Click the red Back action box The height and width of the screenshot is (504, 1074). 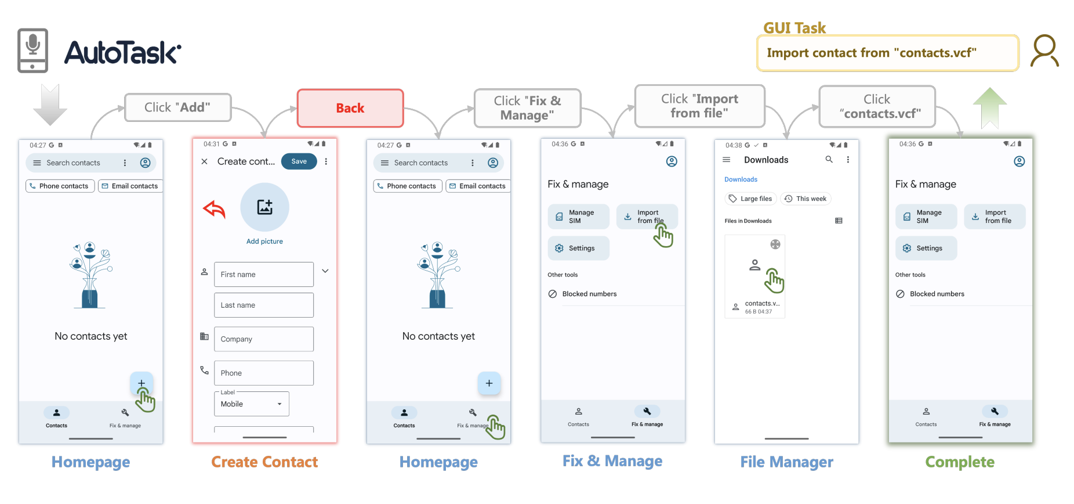[x=350, y=108]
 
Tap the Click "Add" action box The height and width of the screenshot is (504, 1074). [x=177, y=107]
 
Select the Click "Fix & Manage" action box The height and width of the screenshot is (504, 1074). [x=527, y=108]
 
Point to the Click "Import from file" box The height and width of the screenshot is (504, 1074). [x=699, y=106]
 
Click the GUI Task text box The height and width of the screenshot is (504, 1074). [x=887, y=53]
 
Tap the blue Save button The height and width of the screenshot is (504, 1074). [x=299, y=161]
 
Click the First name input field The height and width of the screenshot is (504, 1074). [x=264, y=274]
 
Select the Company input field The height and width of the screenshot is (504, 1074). [x=264, y=339]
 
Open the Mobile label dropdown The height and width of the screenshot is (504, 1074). [x=251, y=404]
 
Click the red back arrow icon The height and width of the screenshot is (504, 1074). [x=214, y=209]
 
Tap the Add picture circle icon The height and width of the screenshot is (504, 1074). [x=264, y=207]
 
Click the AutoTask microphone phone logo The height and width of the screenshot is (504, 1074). [x=32, y=51]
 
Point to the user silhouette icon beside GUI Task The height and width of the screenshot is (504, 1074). [x=1044, y=51]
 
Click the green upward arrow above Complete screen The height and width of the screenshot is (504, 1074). [x=989, y=107]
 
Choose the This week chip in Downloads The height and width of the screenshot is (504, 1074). [x=805, y=199]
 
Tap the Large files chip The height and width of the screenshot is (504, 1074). [x=750, y=199]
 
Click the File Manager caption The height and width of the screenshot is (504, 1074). [x=786, y=462]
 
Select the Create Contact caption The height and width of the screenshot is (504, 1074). [x=264, y=462]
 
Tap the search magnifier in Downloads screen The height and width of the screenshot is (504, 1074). [x=829, y=160]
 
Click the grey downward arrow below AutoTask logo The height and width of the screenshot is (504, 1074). [x=50, y=105]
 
